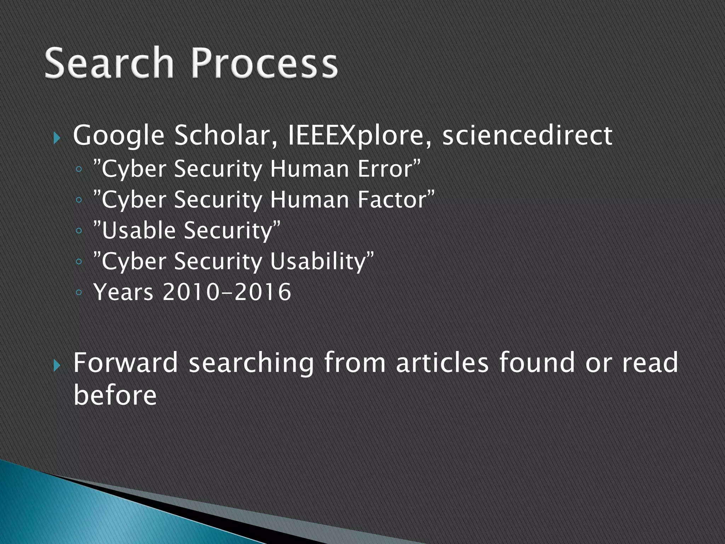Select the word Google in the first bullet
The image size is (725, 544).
click(x=119, y=136)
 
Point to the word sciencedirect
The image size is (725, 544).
click(x=527, y=135)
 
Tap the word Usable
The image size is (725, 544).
click(x=138, y=230)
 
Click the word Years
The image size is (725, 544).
click(x=124, y=292)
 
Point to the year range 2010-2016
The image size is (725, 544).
click(x=227, y=292)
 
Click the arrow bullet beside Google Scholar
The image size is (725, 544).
click(x=57, y=137)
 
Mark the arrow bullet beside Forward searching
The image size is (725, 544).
click(x=57, y=365)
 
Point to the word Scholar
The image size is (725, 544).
click(x=226, y=135)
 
